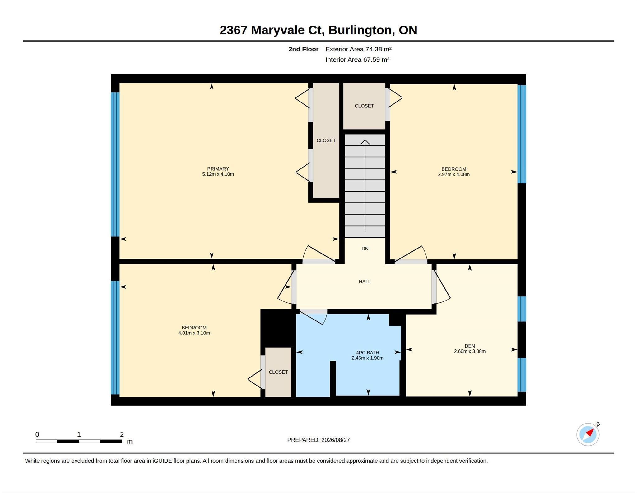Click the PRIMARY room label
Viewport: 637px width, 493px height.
tap(218, 169)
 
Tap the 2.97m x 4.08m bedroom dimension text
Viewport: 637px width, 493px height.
tap(454, 174)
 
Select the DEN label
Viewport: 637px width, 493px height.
tap(470, 346)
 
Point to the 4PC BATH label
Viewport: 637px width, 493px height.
tap(367, 353)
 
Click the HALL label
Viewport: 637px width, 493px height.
tap(365, 282)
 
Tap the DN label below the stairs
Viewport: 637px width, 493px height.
tap(365, 249)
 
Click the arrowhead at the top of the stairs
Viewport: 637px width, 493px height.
tap(365, 142)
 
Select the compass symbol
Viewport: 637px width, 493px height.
tap(588, 434)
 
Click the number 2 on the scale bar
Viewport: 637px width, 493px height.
tap(122, 434)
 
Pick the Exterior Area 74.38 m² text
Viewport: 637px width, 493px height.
tap(358, 49)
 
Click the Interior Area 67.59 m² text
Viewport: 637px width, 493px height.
tap(357, 59)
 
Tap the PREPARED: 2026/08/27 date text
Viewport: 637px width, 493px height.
tap(318, 440)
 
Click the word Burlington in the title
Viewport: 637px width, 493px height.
tap(360, 30)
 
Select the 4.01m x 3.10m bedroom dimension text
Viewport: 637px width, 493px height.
tap(194, 333)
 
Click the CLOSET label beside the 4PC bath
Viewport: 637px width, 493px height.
tap(278, 372)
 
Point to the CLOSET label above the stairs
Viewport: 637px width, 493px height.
tap(364, 106)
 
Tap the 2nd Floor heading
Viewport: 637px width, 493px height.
tap(303, 49)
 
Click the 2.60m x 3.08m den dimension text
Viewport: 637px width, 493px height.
tap(470, 351)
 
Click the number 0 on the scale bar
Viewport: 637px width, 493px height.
tap(37, 434)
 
